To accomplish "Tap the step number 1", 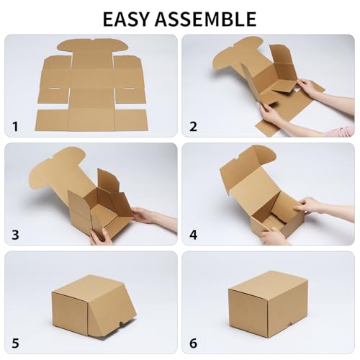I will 15,127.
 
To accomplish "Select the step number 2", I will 193,127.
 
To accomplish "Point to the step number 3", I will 15,235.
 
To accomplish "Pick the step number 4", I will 193,235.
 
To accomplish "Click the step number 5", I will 15,343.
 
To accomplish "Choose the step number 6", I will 193,343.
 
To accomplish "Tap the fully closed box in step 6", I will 267,302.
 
